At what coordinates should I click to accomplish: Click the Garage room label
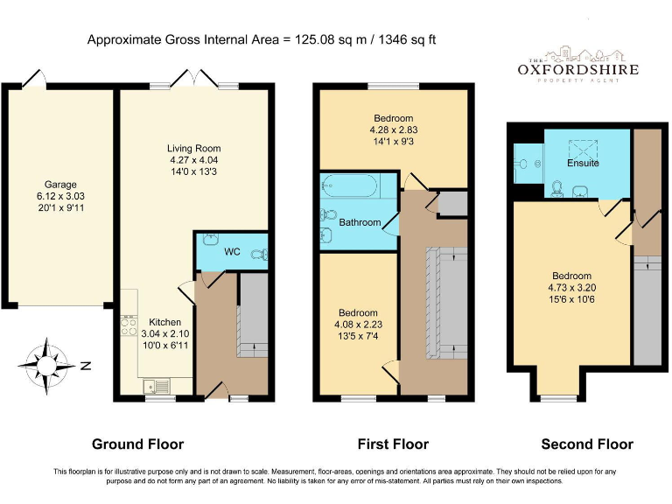click(x=60, y=185)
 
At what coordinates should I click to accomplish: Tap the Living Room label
click(x=193, y=149)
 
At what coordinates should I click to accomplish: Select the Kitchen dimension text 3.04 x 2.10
click(x=165, y=334)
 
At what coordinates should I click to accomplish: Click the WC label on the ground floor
click(x=232, y=252)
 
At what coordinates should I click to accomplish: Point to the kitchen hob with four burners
click(x=129, y=326)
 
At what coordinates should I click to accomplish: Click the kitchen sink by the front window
click(x=157, y=386)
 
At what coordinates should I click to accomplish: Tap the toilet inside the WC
click(x=260, y=255)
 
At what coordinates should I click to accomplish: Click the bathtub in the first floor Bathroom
click(x=349, y=186)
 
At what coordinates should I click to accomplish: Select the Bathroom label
click(x=360, y=222)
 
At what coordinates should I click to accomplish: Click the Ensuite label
click(x=583, y=164)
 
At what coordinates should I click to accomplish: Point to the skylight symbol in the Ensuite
click(x=583, y=149)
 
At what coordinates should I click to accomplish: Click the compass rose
click(x=46, y=366)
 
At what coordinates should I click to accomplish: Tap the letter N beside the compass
click(x=86, y=366)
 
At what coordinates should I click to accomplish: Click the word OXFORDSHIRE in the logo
click(x=578, y=69)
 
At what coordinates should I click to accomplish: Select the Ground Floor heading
click(x=137, y=444)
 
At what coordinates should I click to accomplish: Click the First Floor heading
click(x=393, y=444)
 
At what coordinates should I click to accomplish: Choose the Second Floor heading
click(x=587, y=444)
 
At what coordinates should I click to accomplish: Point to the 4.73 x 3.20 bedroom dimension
click(x=571, y=288)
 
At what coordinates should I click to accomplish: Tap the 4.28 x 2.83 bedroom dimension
click(x=394, y=129)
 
